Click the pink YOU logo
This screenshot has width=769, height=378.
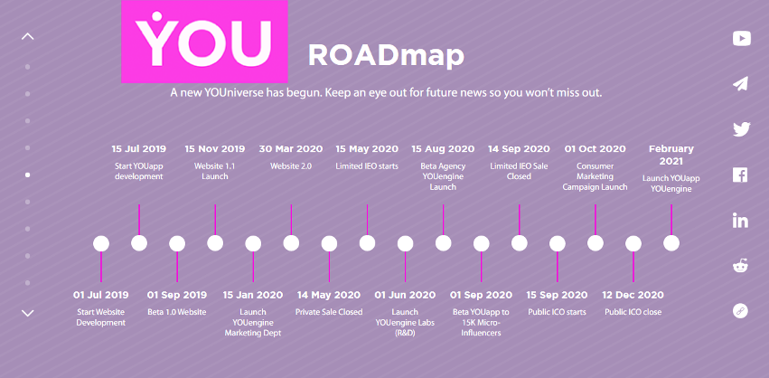tap(204, 42)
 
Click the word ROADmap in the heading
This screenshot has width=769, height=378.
tap(386, 55)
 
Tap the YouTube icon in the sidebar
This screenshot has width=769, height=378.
tap(741, 39)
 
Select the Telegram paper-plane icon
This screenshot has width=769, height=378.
tap(741, 84)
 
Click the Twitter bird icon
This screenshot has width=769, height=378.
tap(741, 129)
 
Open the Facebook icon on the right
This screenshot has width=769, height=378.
tap(741, 175)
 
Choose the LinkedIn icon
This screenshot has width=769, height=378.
tap(741, 221)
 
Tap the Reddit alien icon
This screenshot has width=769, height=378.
tap(741, 265)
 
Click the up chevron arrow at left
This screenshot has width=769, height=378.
tap(28, 37)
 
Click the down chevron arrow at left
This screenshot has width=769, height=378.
tap(28, 313)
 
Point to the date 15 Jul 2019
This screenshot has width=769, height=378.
tap(139, 148)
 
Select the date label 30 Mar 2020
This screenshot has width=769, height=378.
tap(291, 148)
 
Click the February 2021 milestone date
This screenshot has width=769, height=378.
tap(671, 154)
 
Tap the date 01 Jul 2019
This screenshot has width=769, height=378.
tap(101, 295)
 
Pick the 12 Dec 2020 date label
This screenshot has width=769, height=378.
tap(633, 295)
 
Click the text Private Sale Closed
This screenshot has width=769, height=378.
tap(329, 312)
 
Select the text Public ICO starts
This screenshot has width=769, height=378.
tap(557, 312)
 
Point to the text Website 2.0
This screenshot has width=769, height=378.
tap(291, 165)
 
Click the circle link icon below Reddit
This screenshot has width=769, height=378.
tap(741, 311)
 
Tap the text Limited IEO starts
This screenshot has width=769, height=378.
tap(367, 165)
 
